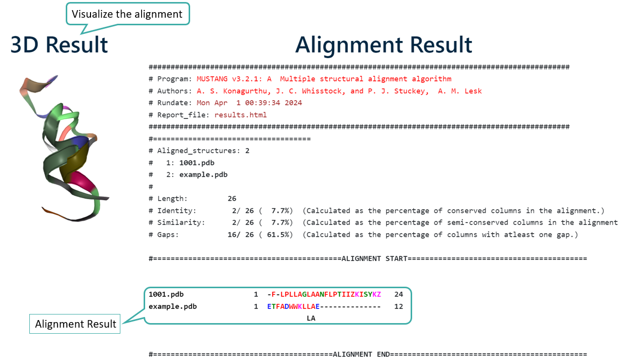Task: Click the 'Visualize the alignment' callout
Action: point(127,14)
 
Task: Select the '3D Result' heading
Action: point(59,44)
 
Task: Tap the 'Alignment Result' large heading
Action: point(384,44)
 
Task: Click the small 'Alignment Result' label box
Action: point(76,324)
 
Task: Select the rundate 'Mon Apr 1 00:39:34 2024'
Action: point(249,103)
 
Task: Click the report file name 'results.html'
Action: point(241,115)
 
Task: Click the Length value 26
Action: point(232,199)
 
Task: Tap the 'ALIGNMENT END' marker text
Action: point(361,354)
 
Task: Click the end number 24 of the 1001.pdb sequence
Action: point(398,294)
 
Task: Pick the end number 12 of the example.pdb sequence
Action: point(398,306)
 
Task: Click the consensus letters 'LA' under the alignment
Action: point(311,318)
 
